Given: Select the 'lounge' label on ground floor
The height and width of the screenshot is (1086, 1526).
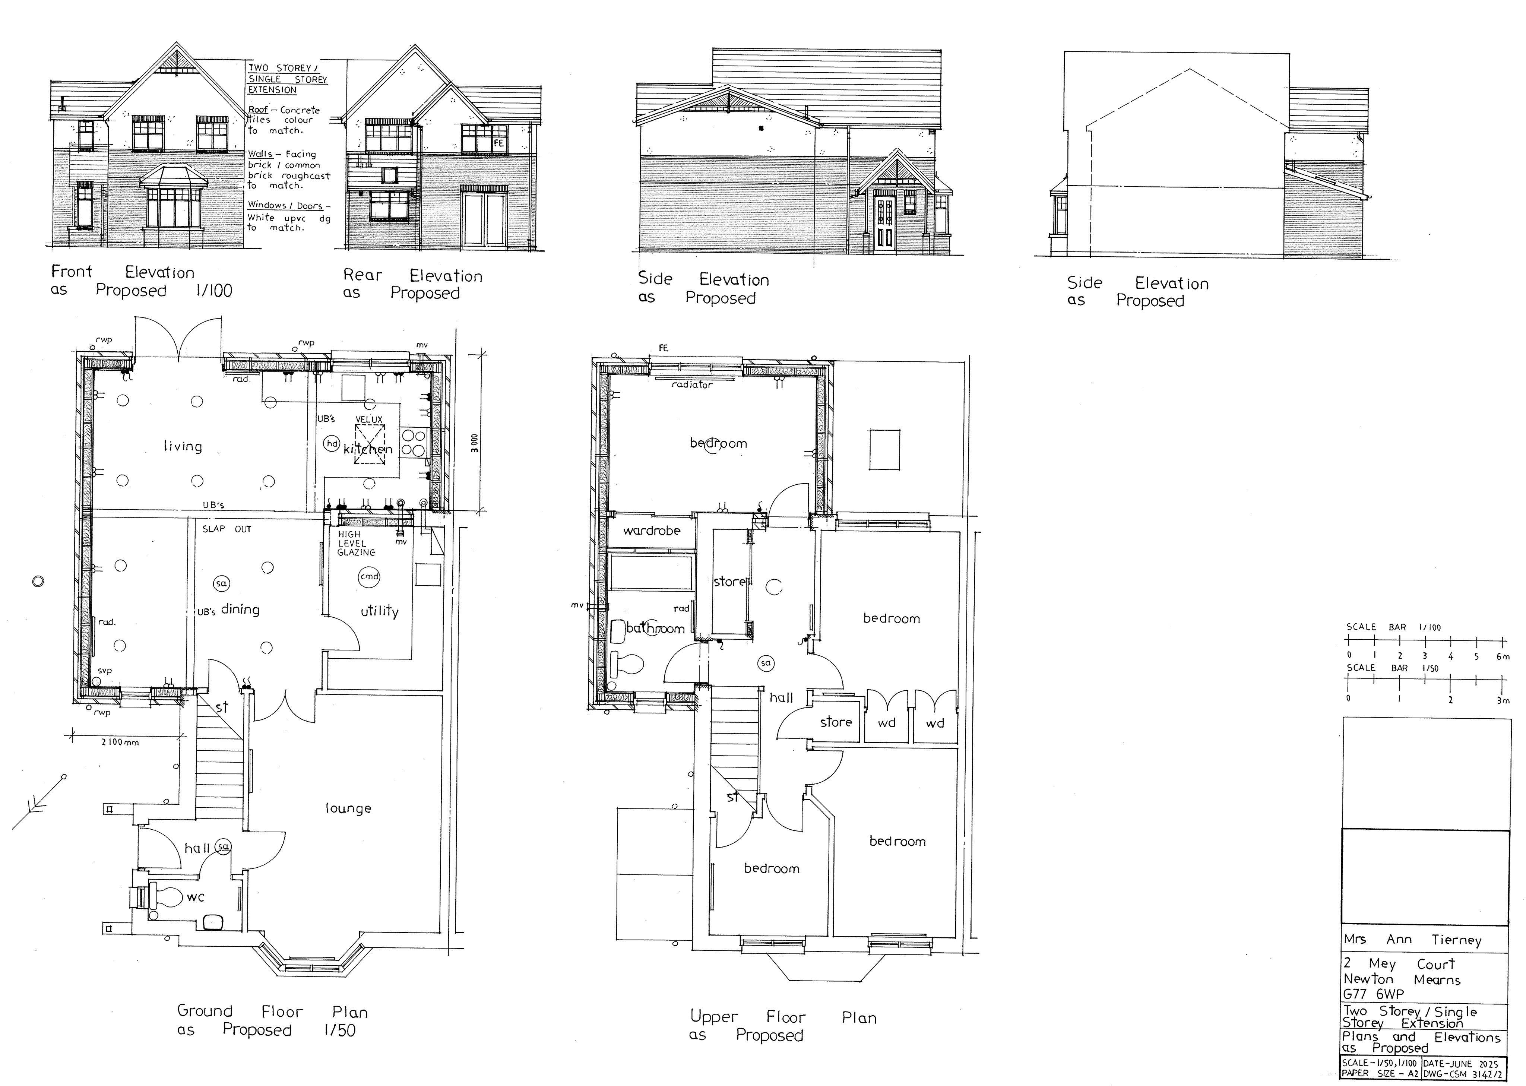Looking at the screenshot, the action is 348,808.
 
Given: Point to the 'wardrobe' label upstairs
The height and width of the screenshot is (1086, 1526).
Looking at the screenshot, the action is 651,531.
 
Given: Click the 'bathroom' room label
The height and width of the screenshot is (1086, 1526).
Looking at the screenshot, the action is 655,629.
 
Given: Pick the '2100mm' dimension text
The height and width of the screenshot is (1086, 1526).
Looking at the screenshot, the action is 120,742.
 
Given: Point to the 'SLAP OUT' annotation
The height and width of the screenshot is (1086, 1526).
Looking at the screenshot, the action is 227,529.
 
